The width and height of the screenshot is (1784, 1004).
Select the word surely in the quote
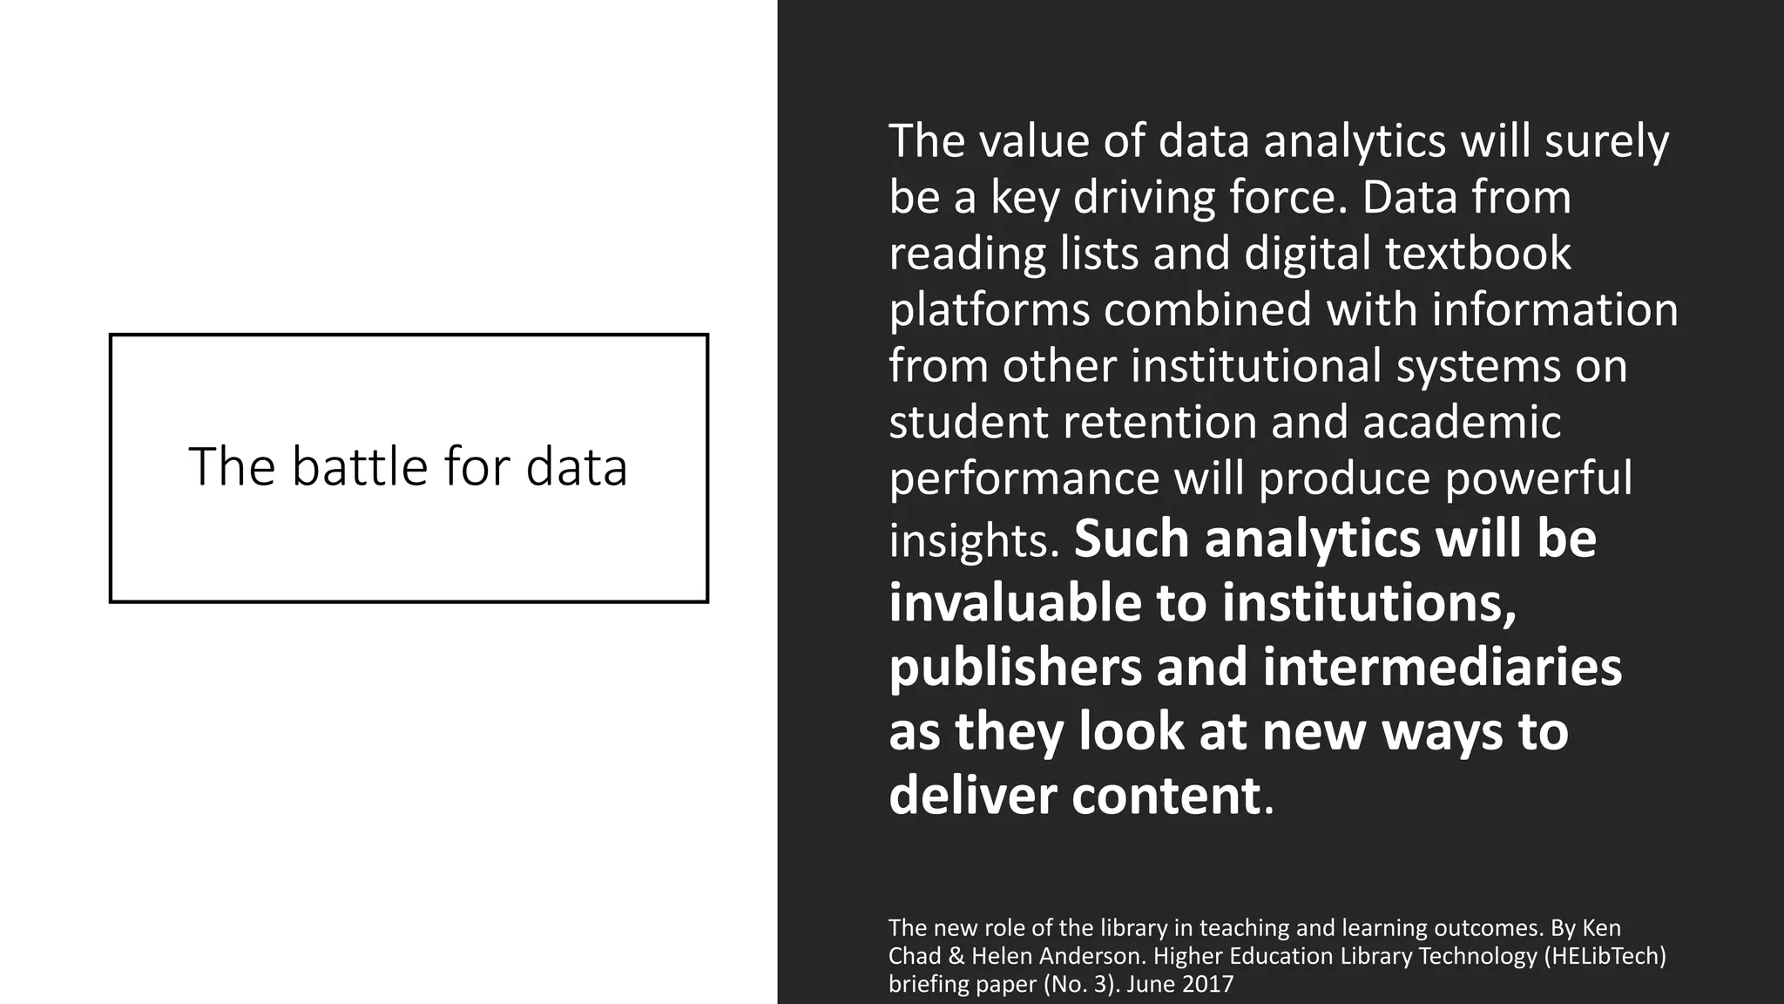click(x=1606, y=141)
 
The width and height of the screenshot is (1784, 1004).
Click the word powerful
click(x=1538, y=478)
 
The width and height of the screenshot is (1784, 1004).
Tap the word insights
click(x=973, y=540)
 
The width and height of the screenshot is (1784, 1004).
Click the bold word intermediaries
click(x=1442, y=668)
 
